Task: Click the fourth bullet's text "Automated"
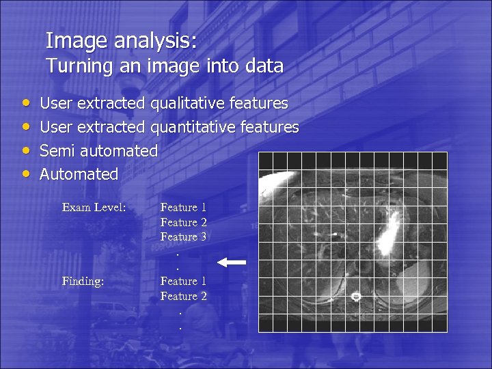point(79,174)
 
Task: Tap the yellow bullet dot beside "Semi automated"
point(25,150)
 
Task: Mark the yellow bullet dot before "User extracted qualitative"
point(25,102)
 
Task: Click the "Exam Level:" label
point(94,207)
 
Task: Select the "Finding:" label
point(83,281)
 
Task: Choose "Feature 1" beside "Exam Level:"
point(183,207)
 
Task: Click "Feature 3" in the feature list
point(183,237)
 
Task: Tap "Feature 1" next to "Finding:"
point(183,281)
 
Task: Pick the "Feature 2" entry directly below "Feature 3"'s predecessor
point(183,222)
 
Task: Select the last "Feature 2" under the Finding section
point(183,296)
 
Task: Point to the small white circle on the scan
point(355,297)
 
